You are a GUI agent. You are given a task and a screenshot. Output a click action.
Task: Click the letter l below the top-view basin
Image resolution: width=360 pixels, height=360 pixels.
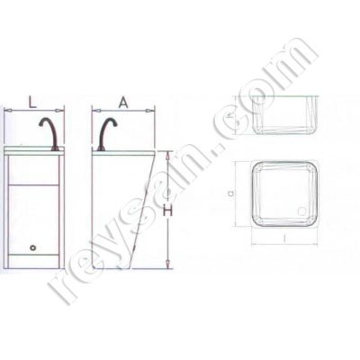[x=283, y=238]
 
